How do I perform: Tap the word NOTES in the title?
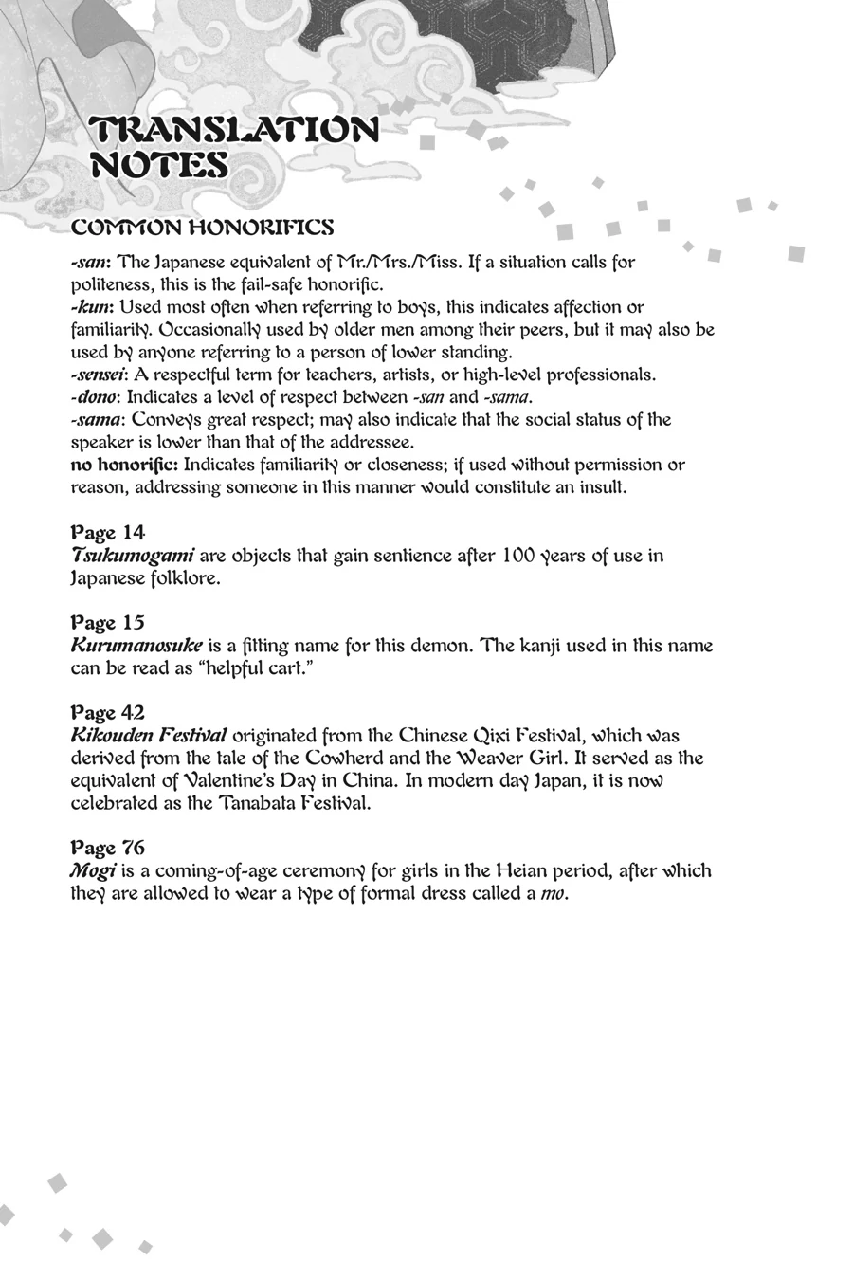coord(159,165)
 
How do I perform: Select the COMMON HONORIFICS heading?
coord(202,228)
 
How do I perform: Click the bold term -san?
coord(91,262)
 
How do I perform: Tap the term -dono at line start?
coord(95,397)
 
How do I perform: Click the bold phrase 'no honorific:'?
coord(124,465)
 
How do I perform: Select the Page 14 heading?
coord(107,532)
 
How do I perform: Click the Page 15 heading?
coord(107,622)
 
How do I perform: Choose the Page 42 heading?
coord(107,712)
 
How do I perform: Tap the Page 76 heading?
coord(107,847)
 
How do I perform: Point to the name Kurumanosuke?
coord(136,646)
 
